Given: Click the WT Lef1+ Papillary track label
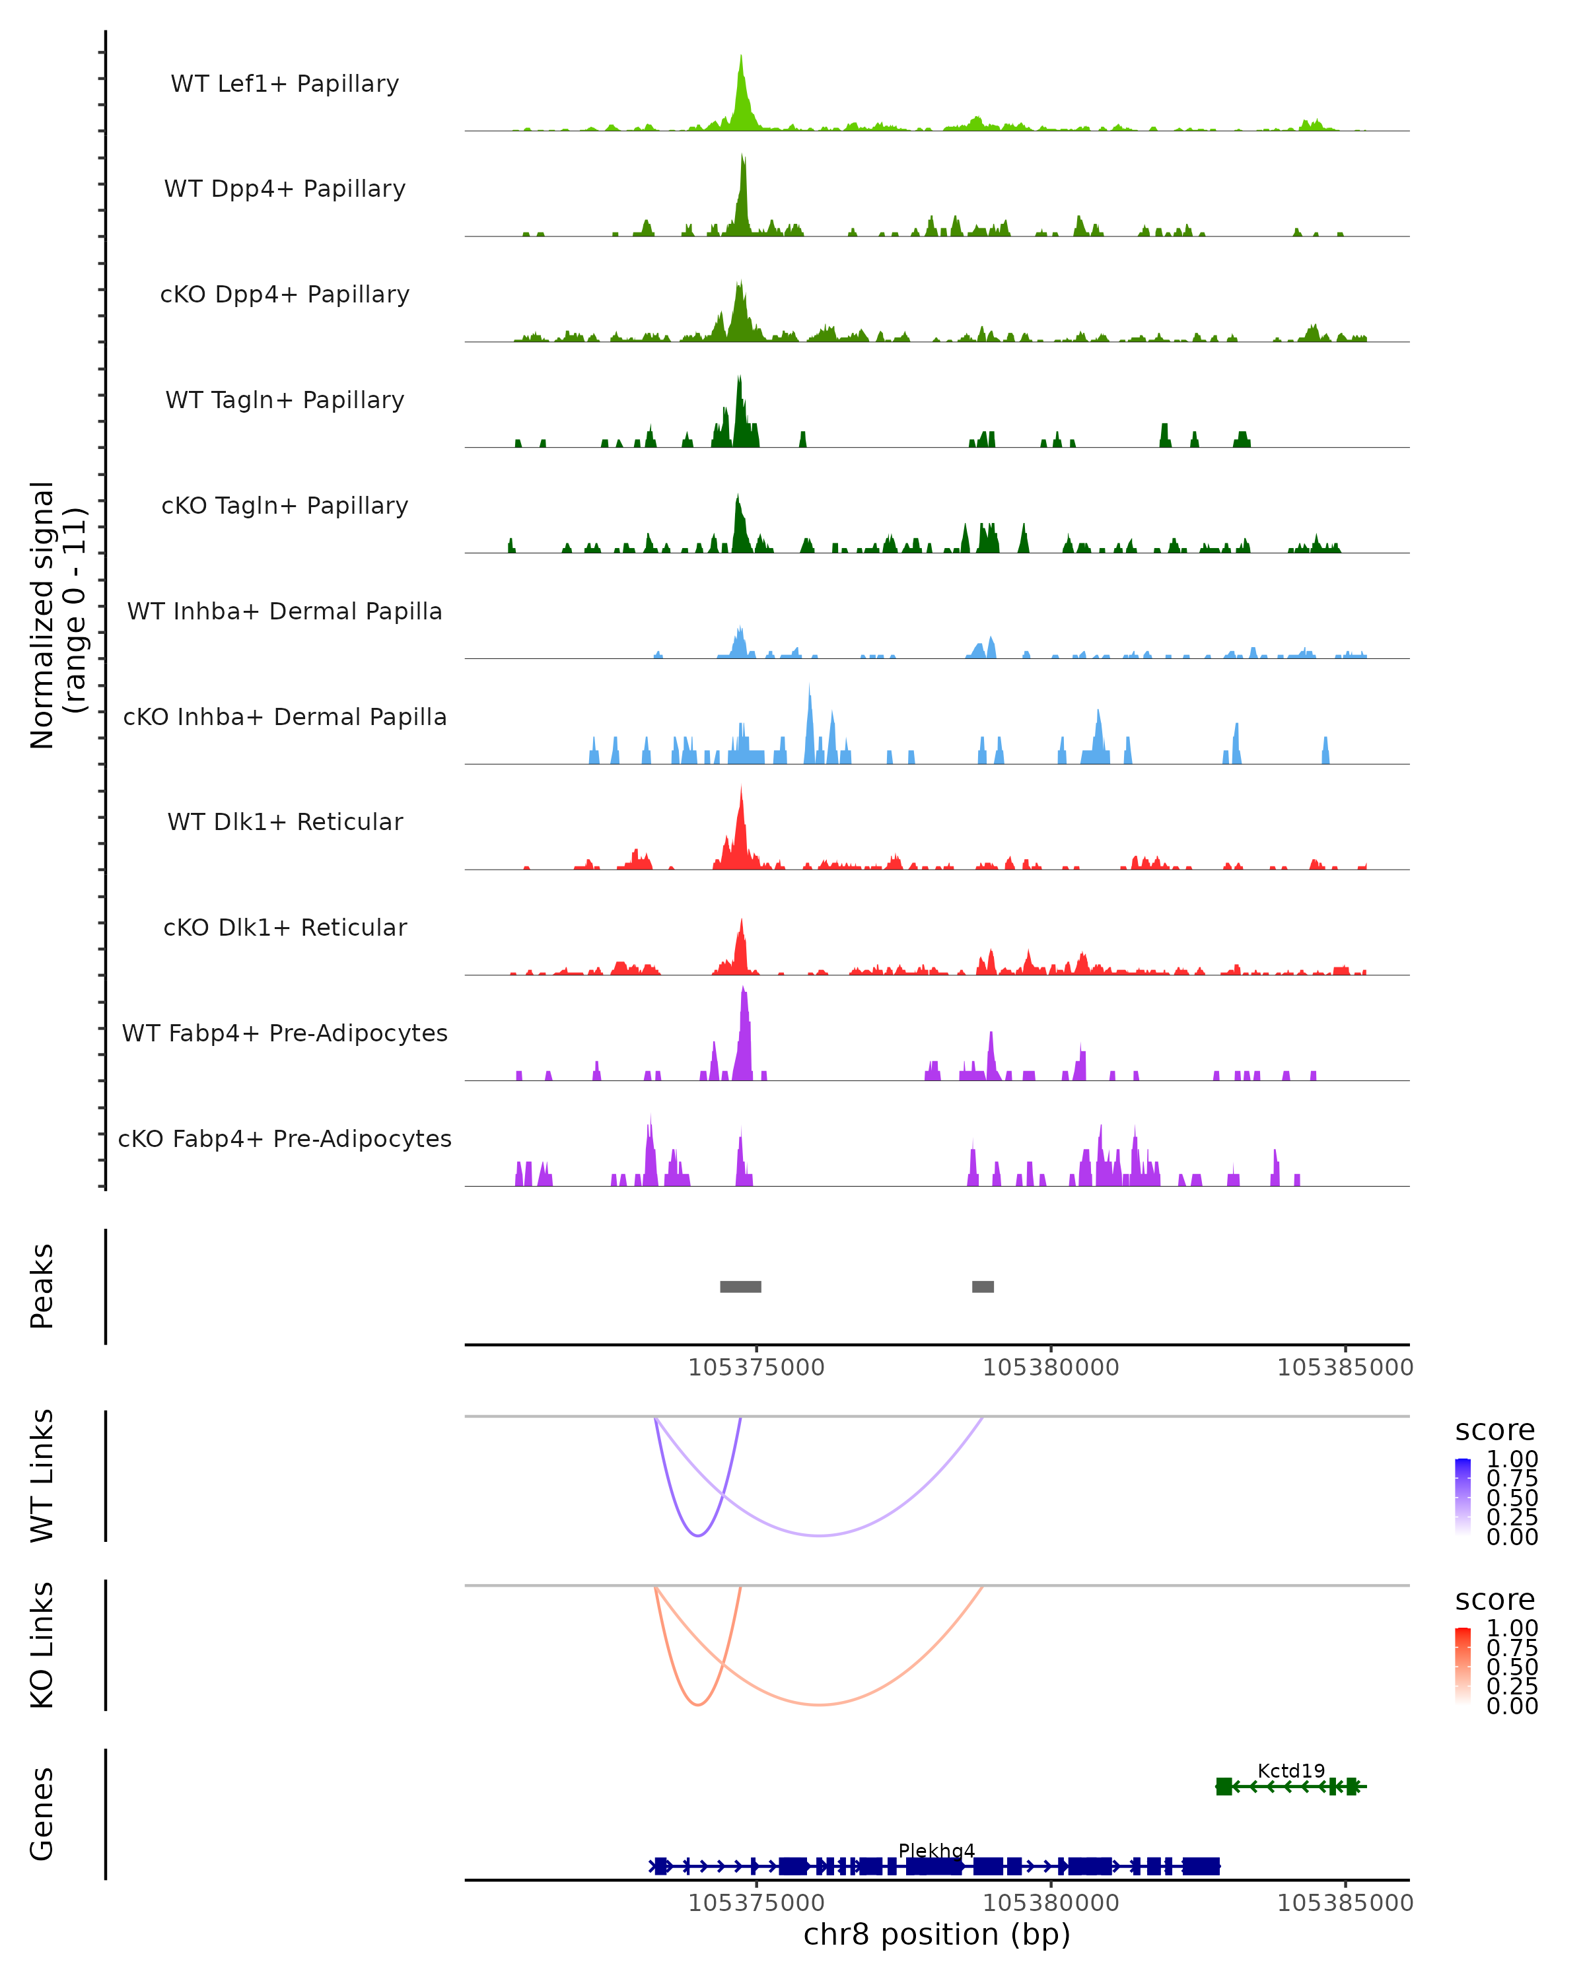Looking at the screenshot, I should pyautogui.click(x=285, y=84).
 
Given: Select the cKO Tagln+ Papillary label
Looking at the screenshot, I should pyautogui.click(x=285, y=505).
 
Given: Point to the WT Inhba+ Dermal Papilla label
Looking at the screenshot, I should pyautogui.click(x=285, y=611).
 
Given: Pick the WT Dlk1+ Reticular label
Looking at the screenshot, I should pyautogui.click(x=285, y=821).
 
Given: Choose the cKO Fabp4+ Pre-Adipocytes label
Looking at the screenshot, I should pyautogui.click(x=285, y=1138).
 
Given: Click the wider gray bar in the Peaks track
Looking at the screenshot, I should pyautogui.click(x=740, y=1286).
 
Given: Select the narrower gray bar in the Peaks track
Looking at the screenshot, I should pyautogui.click(x=983, y=1286).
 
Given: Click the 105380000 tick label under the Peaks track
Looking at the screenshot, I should pyautogui.click(x=1051, y=1368).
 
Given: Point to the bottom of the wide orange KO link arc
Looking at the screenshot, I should pyautogui.click(x=819, y=1704).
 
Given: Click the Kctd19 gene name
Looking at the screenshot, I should pyautogui.click(x=1291, y=1770).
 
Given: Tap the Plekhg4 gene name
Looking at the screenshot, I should pyautogui.click(x=936, y=1850).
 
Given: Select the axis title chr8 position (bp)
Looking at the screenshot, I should pyautogui.click(x=936, y=1934).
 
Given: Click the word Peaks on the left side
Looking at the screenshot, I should pyautogui.click(x=42, y=1286).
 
